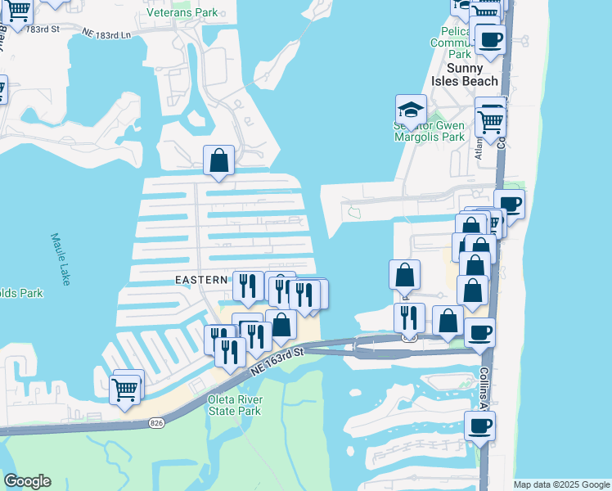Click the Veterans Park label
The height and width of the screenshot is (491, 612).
[182, 12]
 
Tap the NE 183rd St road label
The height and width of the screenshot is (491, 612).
[43, 29]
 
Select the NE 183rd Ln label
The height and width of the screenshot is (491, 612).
[106, 34]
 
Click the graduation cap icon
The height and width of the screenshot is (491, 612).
[411, 109]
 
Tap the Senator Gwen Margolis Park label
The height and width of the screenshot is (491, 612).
[430, 131]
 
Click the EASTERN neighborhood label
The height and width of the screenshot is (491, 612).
[201, 280]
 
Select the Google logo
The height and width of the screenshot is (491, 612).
[27, 481]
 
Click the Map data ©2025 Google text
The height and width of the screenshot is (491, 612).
[561, 484]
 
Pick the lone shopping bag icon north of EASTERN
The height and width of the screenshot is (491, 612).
[219, 161]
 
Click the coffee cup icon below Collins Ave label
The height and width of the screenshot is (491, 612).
[479, 426]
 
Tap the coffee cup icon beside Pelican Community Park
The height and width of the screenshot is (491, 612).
[490, 39]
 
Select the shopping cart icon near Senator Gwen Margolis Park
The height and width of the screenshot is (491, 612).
[490, 122]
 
